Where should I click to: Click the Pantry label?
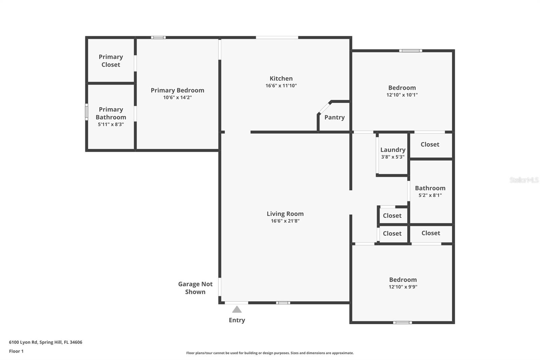tap(334, 118)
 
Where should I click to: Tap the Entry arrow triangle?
tap(237, 309)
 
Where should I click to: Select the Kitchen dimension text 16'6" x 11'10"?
tap(281, 86)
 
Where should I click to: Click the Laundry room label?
tap(393, 150)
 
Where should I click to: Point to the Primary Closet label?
tap(111, 61)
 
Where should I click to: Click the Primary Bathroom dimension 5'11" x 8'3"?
tap(111, 125)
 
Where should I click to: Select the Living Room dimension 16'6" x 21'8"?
tap(285, 221)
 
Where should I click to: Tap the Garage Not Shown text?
tap(195, 288)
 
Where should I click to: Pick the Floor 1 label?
tap(16, 351)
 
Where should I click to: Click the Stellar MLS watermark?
tap(524, 180)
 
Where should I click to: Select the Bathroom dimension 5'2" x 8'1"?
tap(430, 195)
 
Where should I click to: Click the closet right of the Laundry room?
tap(430, 145)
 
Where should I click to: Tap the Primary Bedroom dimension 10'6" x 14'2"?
tap(178, 98)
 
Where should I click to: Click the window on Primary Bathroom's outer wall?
tap(86, 112)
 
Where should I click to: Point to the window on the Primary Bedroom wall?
tap(158, 37)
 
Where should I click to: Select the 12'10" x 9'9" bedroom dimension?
tap(403, 287)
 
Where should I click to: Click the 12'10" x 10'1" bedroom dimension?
tap(402, 95)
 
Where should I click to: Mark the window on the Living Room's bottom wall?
tap(283, 303)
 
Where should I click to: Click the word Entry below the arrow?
tap(237, 320)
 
